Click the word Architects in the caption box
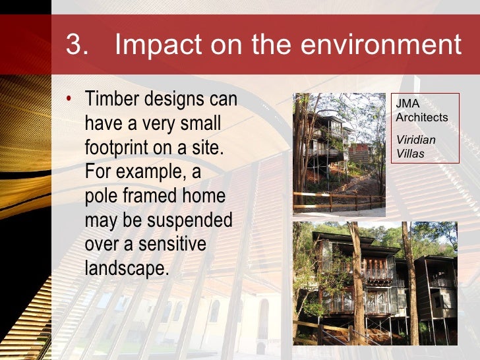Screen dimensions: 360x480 click(x=421, y=118)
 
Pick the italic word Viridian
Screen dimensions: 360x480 click(x=415, y=140)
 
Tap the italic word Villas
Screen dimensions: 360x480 click(x=410, y=154)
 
